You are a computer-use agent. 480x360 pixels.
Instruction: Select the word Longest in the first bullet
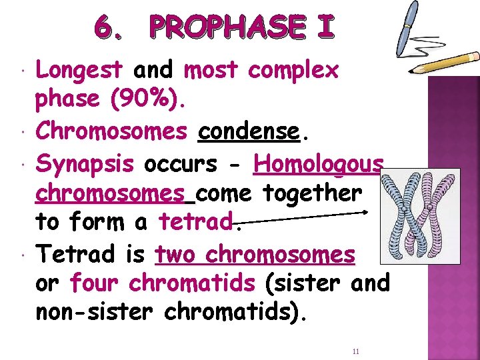coord(79,69)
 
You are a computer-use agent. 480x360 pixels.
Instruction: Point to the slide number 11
coord(355,351)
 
